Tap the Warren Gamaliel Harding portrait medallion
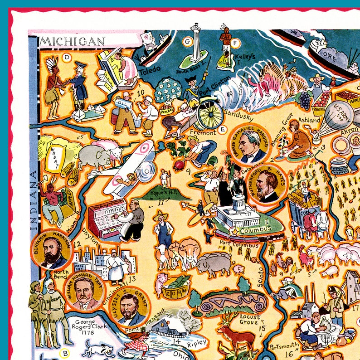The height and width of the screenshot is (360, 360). (x=248, y=145)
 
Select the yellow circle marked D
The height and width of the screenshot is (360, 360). (x=67, y=57)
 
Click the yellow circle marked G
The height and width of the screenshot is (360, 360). (x=186, y=42)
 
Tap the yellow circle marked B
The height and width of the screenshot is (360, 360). (x=65, y=353)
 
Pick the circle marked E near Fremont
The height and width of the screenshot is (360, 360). (x=222, y=130)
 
